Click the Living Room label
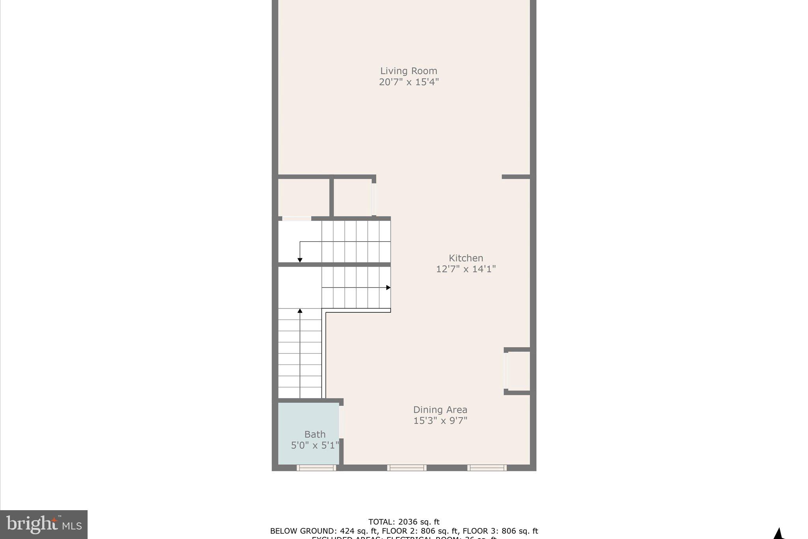pos(408,71)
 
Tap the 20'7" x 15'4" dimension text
pos(409,82)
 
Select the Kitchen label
pos(466,258)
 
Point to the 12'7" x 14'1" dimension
pos(466,269)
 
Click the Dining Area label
pos(440,410)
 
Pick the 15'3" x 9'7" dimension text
pos(440,421)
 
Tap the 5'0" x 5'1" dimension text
pos(315,445)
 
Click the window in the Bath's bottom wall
pos(316,468)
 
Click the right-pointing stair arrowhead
pos(388,287)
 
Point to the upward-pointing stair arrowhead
pos(300,311)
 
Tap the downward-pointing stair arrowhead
pos(300,260)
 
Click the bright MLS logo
pos(44,524)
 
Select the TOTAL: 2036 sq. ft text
pos(404,522)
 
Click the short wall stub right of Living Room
pos(516,177)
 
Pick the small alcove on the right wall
pos(518,371)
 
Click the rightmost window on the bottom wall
pos(487,468)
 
